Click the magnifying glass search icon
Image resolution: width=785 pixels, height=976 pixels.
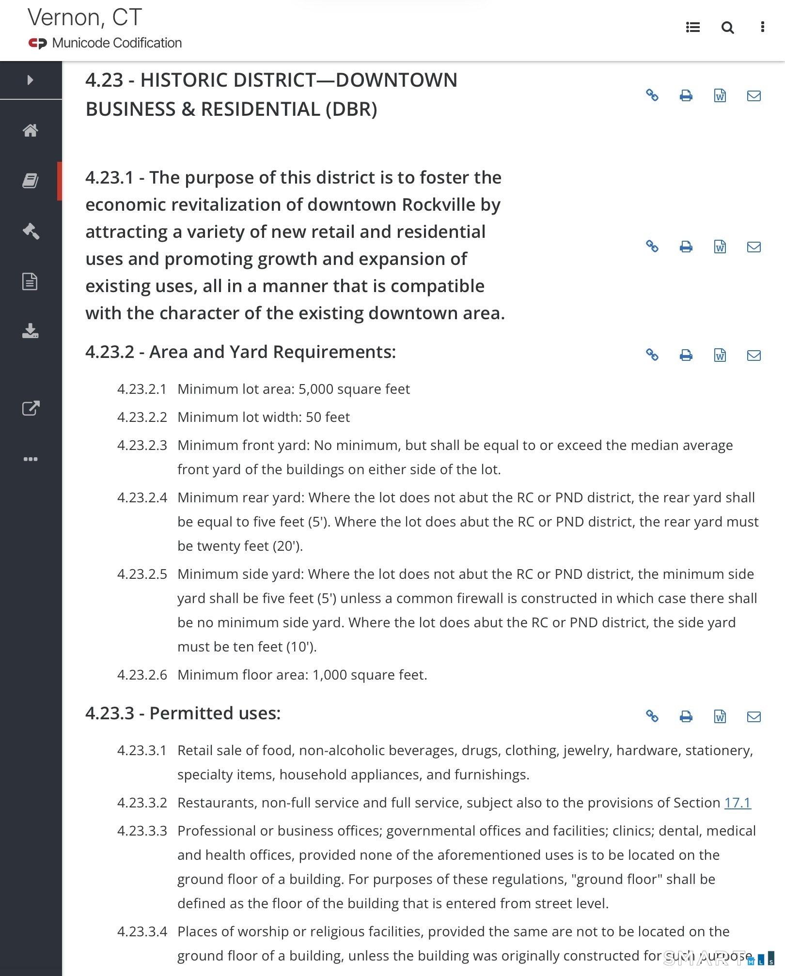tap(727, 28)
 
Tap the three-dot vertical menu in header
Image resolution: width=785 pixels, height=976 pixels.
tap(762, 27)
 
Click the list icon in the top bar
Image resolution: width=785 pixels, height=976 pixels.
tap(693, 28)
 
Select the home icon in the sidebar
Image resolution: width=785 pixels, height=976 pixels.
tap(31, 130)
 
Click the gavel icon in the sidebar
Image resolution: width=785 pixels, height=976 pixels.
tap(31, 231)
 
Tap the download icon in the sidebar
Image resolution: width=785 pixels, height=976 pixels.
tap(31, 331)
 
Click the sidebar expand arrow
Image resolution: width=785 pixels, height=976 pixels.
tap(31, 80)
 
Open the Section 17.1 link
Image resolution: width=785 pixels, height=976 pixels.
tap(737, 803)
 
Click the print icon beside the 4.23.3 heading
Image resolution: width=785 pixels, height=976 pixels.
tap(686, 716)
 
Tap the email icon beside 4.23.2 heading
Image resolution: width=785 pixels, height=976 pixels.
tap(754, 356)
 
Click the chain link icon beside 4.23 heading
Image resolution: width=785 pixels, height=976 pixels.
tap(652, 95)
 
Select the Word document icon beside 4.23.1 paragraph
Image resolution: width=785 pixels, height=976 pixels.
tap(720, 247)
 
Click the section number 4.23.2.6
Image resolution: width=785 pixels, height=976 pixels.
tap(142, 675)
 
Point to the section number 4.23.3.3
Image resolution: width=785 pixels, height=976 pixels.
tap(142, 831)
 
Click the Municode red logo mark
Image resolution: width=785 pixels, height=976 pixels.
tap(37, 44)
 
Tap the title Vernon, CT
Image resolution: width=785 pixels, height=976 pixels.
tap(85, 18)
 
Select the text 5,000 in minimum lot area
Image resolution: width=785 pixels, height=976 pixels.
tap(315, 389)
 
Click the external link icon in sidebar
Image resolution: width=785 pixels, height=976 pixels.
tap(31, 408)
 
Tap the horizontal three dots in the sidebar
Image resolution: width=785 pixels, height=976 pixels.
tap(31, 459)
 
